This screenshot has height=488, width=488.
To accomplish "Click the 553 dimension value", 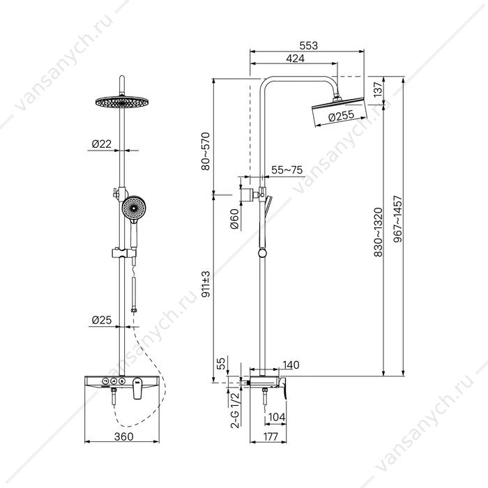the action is click(x=308, y=46).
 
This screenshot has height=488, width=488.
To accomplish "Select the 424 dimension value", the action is click(x=295, y=59).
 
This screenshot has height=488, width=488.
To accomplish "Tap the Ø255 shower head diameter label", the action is click(x=341, y=116).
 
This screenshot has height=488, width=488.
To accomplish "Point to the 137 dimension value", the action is click(x=377, y=90).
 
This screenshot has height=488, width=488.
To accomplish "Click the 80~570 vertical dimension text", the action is click(x=206, y=151).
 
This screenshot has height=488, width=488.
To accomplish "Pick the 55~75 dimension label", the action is click(x=287, y=170).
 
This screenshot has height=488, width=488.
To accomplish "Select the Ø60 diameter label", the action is click(x=235, y=219).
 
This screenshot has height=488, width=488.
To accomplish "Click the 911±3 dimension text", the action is click(x=206, y=284).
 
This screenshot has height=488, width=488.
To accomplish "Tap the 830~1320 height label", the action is click(x=378, y=232).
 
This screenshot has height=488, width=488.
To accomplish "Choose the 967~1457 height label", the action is click(x=398, y=219).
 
